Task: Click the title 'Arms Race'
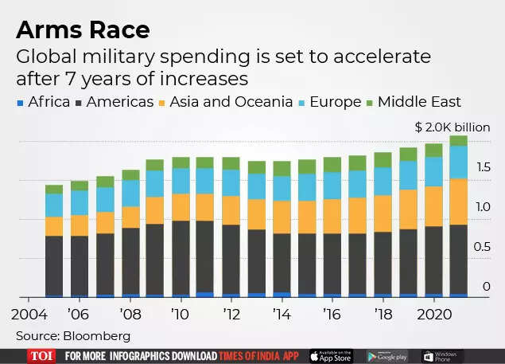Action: click(x=82, y=30)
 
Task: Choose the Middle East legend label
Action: click(x=419, y=101)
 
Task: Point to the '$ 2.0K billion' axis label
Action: click(x=453, y=127)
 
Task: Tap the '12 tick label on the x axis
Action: click(x=231, y=312)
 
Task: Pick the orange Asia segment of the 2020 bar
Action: click(x=433, y=206)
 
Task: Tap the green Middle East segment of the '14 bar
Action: click(x=282, y=168)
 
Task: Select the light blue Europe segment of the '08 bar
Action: click(x=130, y=193)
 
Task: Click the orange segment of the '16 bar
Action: click(x=332, y=216)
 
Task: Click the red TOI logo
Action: click(x=41, y=356)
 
